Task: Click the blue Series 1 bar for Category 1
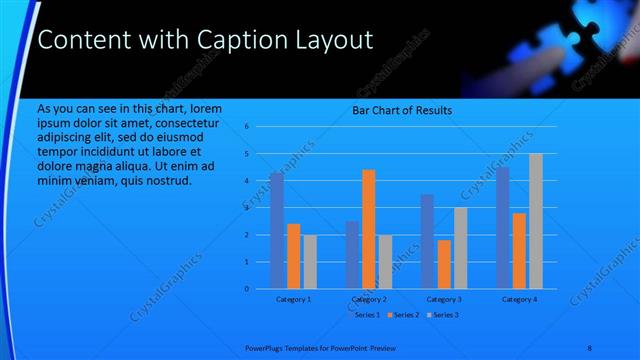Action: pos(277,230)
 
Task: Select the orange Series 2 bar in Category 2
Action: pos(369,229)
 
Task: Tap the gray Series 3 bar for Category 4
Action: pos(536,221)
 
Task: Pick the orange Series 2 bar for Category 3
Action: pos(444,264)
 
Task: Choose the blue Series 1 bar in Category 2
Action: pos(352,255)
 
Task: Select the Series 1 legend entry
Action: pos(366,315)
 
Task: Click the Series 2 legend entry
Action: pos(404,315)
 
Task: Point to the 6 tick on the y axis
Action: pos(246,127)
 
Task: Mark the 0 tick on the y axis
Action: pos(246,289)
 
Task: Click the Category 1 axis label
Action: pos(294,299)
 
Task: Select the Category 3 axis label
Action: pos(444,299)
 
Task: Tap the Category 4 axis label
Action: pos(519,299)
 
